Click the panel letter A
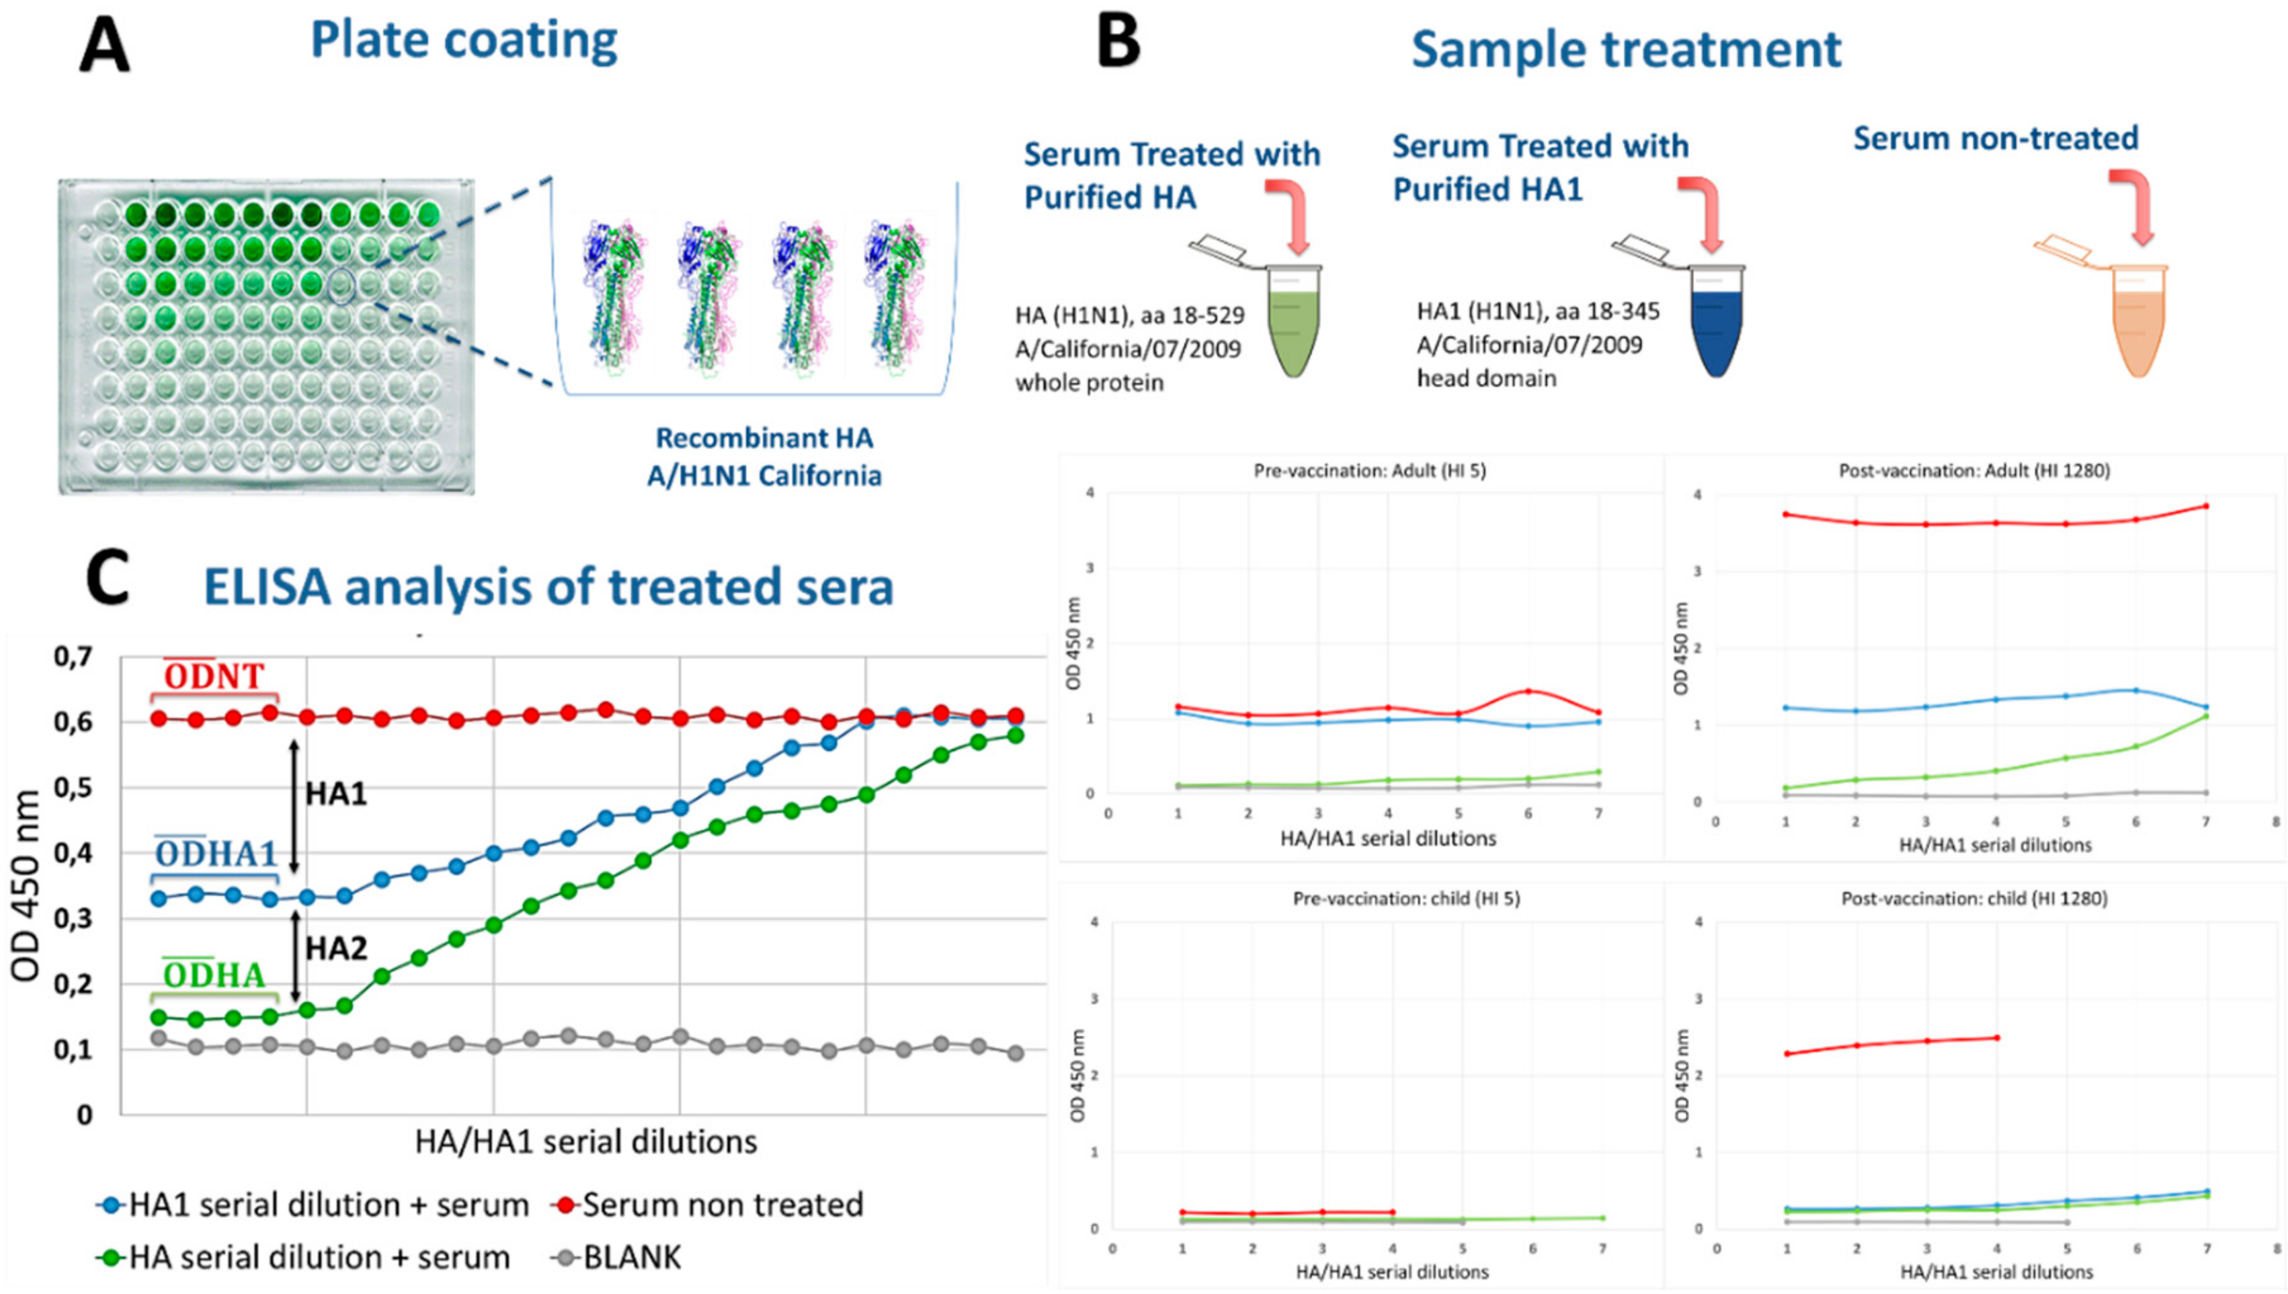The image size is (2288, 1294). (x=104, y=46)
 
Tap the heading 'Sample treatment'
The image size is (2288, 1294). (x=1625, y=49)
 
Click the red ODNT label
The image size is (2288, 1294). (x=214, y=677)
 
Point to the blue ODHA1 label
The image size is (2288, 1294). (x=216, y=855)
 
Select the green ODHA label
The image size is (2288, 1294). (x=214, y=976)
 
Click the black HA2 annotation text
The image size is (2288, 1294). (x=336, y=949)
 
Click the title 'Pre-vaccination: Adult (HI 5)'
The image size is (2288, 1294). (x=1369, y=471)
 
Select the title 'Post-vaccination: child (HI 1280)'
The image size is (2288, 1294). (x=1974, y=899)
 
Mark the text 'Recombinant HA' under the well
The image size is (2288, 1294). (x=764, y=438)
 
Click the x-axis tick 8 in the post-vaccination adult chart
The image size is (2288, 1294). (x=2275, y=822)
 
